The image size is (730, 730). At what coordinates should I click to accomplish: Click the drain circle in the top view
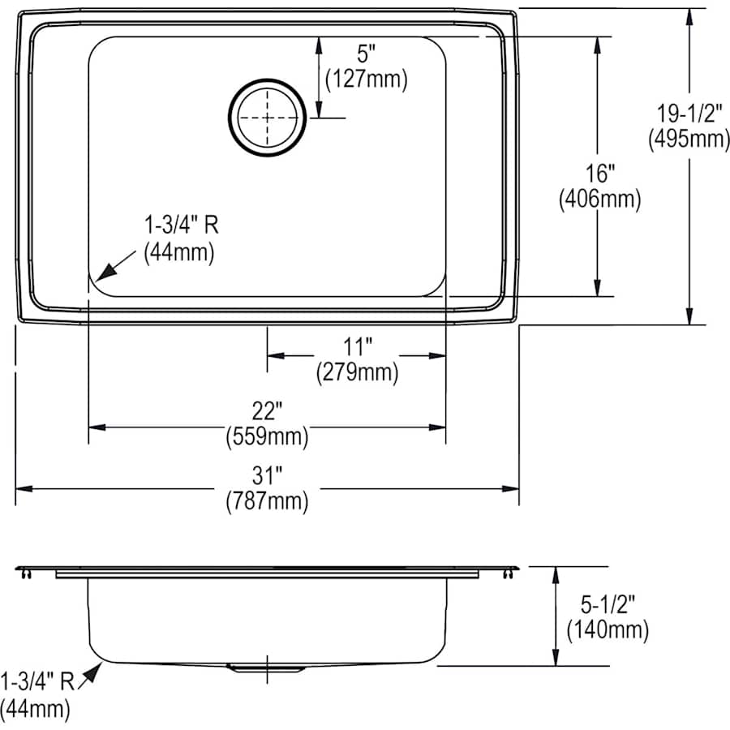tap(267, 118)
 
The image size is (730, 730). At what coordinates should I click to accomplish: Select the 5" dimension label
tap(367, 54)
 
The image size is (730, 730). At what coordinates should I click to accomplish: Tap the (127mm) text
tap(367, 79)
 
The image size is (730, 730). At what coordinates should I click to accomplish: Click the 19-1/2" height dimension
tap(689, 113)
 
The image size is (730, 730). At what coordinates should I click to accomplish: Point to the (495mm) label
tap(689, 139)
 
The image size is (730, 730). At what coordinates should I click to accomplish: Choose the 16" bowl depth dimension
tap(599, 174)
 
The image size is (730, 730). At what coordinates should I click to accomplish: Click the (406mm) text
tap(599, 199)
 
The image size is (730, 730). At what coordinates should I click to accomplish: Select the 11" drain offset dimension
tap(357, 346)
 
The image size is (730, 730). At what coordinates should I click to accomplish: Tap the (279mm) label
tap(357, 372)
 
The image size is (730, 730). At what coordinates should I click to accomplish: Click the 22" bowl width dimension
tap(267, 410)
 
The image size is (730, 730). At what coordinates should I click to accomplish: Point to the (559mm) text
tap(267, 436)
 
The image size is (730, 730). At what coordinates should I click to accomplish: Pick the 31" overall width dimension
tap(267, 475)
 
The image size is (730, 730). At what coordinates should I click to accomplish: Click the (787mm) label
tap(267, 501)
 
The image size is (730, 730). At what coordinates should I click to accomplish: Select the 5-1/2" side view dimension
tap(608, 604)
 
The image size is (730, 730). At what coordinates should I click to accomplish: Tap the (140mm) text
tap(608, 630)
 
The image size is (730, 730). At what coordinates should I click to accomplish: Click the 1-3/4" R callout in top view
tap(181, 225)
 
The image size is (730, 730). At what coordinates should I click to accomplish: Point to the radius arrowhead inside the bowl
tap(106, 272)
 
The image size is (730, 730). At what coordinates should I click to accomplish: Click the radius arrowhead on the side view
tap(94, 672)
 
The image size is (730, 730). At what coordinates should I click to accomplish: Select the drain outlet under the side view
tap(267, 668)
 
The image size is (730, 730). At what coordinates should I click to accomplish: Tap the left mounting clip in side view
tap(26, 574)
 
